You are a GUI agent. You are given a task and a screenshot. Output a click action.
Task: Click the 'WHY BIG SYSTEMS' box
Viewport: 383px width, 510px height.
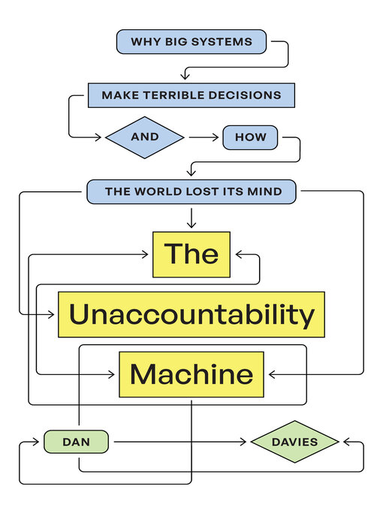pyautogui.click(x=191, y=42)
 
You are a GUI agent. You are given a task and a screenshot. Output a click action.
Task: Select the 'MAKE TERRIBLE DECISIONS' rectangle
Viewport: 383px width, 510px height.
pyautogui.click(x=191, y=95)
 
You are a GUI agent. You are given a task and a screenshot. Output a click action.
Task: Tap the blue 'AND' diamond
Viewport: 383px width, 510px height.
pyautogui.click(x=144, y=137)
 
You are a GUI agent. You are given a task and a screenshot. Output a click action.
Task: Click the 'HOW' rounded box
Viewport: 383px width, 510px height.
pyautogui.click(x=250, y=137)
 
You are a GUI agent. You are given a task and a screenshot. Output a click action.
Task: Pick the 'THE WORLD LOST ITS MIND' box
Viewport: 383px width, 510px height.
pyautogui.click(x=192, y=192)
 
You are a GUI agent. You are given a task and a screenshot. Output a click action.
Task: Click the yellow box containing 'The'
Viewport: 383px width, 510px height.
pyautogui.click(x=191, y=254)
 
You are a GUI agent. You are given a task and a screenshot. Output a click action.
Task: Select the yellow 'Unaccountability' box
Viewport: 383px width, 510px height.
pyautogui.click(x=191, y=314)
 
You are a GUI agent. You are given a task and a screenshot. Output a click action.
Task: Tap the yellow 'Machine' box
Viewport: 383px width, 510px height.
pyautogui.click(x=191, y=373)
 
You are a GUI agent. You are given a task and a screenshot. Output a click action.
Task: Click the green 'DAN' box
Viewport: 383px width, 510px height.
pyautogui.click(x=76, y=442)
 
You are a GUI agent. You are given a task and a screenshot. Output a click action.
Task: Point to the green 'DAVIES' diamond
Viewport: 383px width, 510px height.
pyautogui.click(x=294, y=442)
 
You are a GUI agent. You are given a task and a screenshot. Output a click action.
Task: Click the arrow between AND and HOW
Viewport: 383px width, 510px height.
pyautogui.click(x=203, y=137)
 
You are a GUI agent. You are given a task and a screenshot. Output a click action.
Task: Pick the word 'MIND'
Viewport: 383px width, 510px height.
pyautogui.click(x=267, y=192)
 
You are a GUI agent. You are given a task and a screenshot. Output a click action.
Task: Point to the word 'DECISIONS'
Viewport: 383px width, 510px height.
pyautogui.click(x=246, y=95)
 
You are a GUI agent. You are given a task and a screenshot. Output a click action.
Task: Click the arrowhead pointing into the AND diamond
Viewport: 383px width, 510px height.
pyautogui.click(x=101, y=137)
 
